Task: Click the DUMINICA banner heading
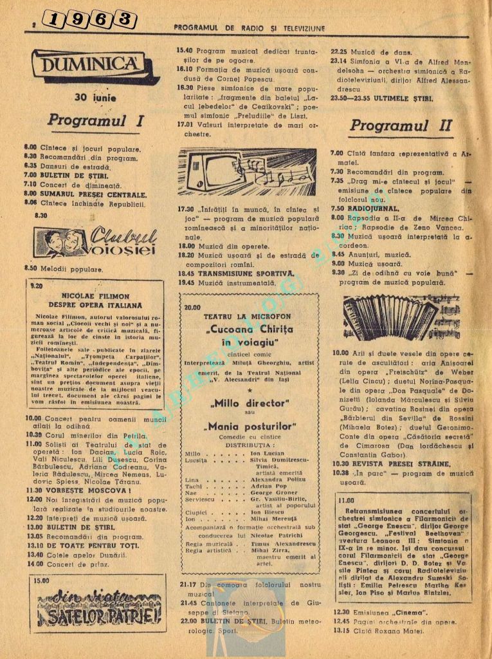tap(96, 66)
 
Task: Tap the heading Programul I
tap(95, 120)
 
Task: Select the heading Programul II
tap(401, 125)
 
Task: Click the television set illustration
tap(247, 172)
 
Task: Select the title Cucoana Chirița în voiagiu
tap(250, 337)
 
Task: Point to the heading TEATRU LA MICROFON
tap(247, 317)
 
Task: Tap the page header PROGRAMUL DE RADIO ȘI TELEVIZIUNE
tap(250, 28)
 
